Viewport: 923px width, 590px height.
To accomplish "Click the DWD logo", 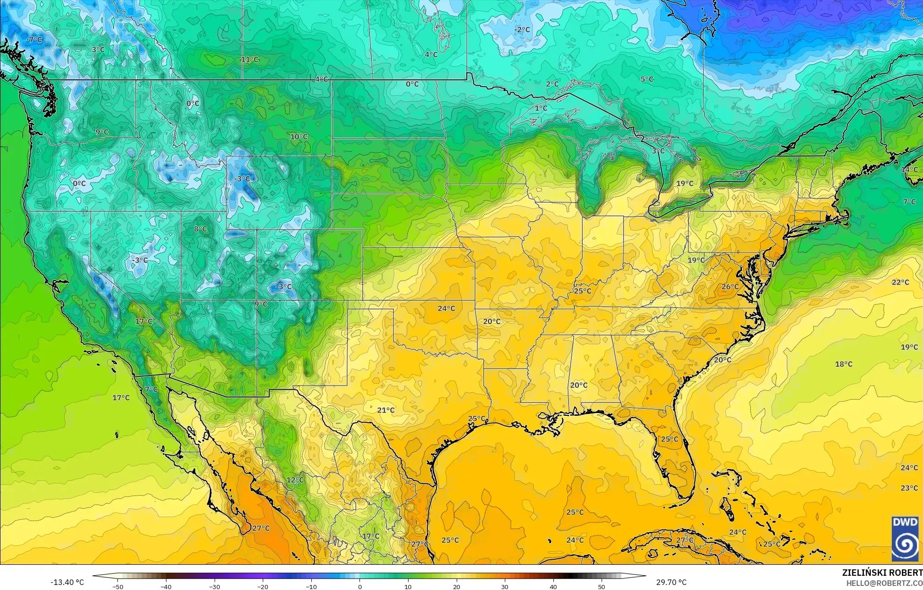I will (x=905, y=538).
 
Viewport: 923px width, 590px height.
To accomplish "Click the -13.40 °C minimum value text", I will (x=67, y=582).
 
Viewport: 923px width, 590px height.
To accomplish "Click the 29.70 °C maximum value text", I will (x=671, y=582).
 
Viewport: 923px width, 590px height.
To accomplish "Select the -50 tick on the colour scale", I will (x=118, y=586).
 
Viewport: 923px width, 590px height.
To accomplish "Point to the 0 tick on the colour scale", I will (x=359, y=586).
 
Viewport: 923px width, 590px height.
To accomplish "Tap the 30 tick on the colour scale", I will (x=504, y=586).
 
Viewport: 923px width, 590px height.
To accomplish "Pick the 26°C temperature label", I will (x=730, y=287).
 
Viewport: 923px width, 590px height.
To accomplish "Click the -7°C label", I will (x=34, y=40).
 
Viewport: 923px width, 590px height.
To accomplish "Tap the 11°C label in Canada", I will (x=249, y=60).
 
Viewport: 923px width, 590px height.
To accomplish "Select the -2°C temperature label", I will (x=522, y=30).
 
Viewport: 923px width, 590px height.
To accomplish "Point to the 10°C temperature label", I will (x=298, y=137).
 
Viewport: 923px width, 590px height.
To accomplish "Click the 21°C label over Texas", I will (x=386, y=410).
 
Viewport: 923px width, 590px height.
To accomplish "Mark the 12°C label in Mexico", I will (x=295, y=480).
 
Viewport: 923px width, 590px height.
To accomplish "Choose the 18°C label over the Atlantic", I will (x=843, y=364).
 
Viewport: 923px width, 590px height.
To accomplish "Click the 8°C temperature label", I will (x=200, y=229).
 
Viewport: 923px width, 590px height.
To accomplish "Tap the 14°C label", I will (x=909, y=169).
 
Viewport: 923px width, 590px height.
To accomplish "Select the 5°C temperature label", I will (x=647, y=79).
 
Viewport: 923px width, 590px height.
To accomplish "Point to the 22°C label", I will (x=900, y=282).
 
